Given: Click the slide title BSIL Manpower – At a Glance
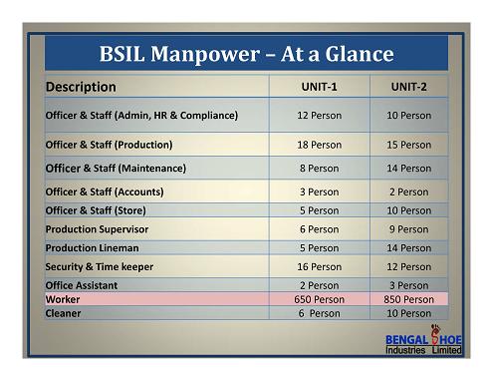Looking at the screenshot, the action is pos(247,54).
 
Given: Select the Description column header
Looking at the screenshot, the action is pos(81,87).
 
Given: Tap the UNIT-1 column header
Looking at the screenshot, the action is pos(319,87).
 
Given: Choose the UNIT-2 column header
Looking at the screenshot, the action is pos(408,87).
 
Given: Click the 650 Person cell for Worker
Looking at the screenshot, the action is pos(319,299).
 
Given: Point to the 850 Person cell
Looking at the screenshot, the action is pos(408,299).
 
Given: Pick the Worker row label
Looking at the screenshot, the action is pos(63,299).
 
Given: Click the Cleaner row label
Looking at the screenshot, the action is pos(63,313).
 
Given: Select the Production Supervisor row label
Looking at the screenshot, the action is pos(97,229).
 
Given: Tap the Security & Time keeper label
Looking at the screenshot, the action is pos(100,267).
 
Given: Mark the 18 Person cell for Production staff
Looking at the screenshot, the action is pos(319,145).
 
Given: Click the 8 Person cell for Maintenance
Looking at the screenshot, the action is pos(319,169).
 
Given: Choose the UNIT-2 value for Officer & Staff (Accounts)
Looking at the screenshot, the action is pos(408,191).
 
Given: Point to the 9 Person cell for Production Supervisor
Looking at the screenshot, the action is pos(408,229).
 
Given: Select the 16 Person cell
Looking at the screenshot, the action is pos(319,267).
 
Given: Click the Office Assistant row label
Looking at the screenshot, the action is pos(82,285).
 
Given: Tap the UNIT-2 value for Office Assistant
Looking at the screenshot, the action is pos(408,285).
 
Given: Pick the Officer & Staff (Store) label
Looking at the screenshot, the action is pos(96,210).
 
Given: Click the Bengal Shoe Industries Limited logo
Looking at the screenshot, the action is pos(423,340).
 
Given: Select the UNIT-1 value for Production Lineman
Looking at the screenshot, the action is pos(319,248).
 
